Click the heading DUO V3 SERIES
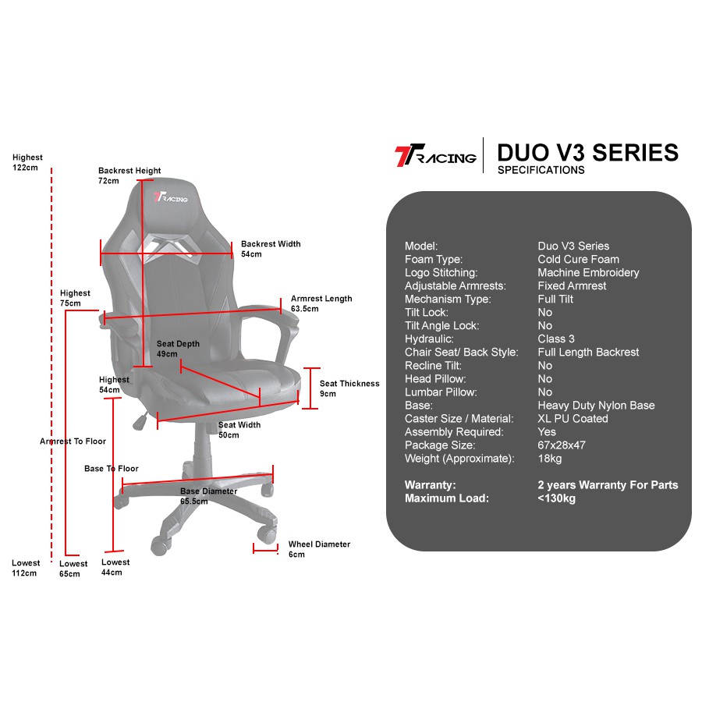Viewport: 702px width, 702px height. pyautogui.click(x=587, y=152)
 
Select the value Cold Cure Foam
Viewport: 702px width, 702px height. pyautogui.click(x=578, y=259)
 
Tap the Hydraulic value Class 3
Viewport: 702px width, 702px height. pyautogui.click(x=556, y=339)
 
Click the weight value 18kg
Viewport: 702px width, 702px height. pyautogui.click(x=549, y=459)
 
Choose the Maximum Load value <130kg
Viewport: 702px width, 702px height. pyautogui.click(x=556, y=498)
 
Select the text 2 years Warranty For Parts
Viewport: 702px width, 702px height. pyautogui.click(x=608, y=485)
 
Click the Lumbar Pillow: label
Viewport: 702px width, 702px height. pyautogui.click(x=441, y=392)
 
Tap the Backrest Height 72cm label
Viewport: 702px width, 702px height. pyautogui.click(x=129, y=175)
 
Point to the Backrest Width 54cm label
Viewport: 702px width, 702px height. pyautogui.click(x=270, y=249)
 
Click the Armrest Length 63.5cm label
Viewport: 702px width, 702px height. pyautogui.click(x=321, y=303)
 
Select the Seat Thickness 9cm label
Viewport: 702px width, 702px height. pyautogui.click(x=349, y=388)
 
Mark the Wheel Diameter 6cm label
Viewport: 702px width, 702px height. pyautogui.click(x=319, y=549)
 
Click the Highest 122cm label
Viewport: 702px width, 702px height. pyautogui.click(x=27, y=162)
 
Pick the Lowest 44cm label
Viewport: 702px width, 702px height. pyautogui.click(x=115, y=567)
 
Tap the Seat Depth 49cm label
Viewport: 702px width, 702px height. pyautogui.click(x=178, y=349)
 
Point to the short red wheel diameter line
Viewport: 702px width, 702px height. pyautogui.click(x=266, y=548)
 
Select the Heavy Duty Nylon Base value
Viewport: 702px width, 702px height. pyautogui.click(x=596, y=406)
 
